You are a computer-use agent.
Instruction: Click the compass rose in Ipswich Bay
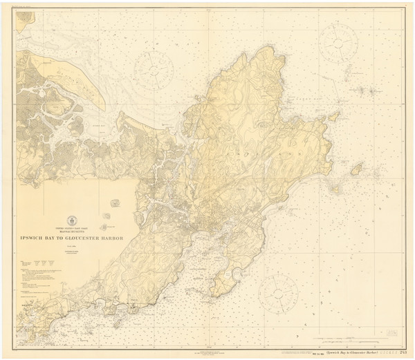[153, 67]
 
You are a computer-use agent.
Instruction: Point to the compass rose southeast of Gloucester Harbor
[278, 293]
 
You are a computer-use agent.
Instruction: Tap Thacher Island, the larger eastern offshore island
[357, 169]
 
